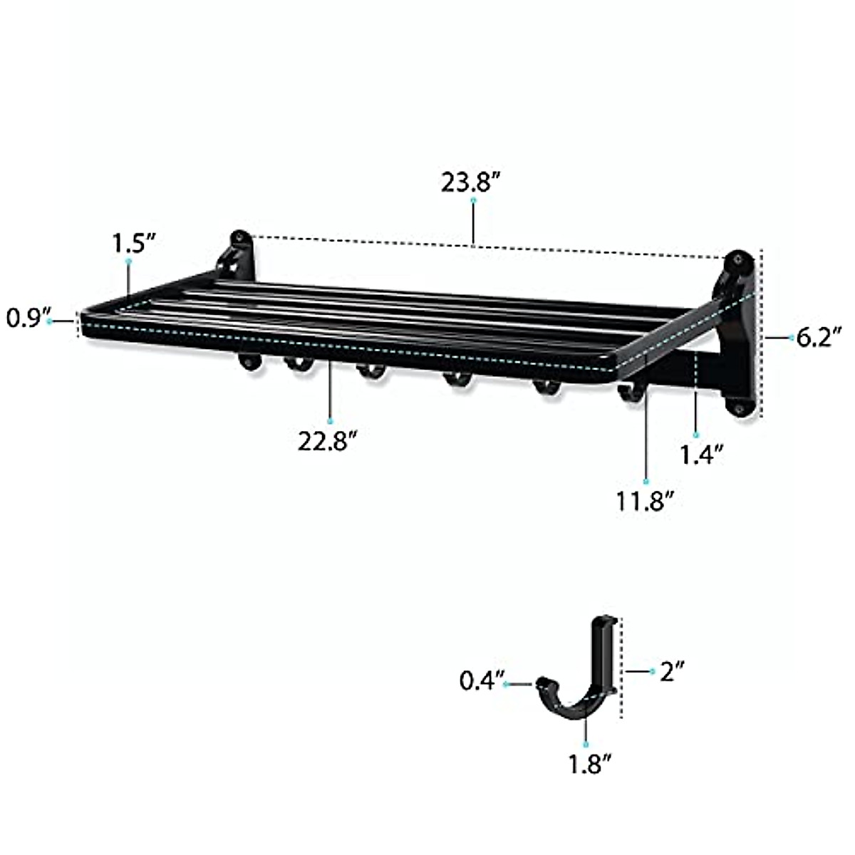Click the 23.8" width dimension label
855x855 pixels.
pyautogui.click(x=473, y=183)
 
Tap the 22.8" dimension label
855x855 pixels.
pyautogui.click(x=328, y=442)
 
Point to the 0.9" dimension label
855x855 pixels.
pyautogui.click(x=24, y=318)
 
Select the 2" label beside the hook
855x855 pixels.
pyautogui.click(x=671, y=670)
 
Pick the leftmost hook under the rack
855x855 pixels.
pyautogui.click(x=248, y=363)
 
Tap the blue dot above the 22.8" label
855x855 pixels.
pyautogui.click(x=330, y=420)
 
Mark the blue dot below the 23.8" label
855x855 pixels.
pyautogui.click(x=473, y=202)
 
